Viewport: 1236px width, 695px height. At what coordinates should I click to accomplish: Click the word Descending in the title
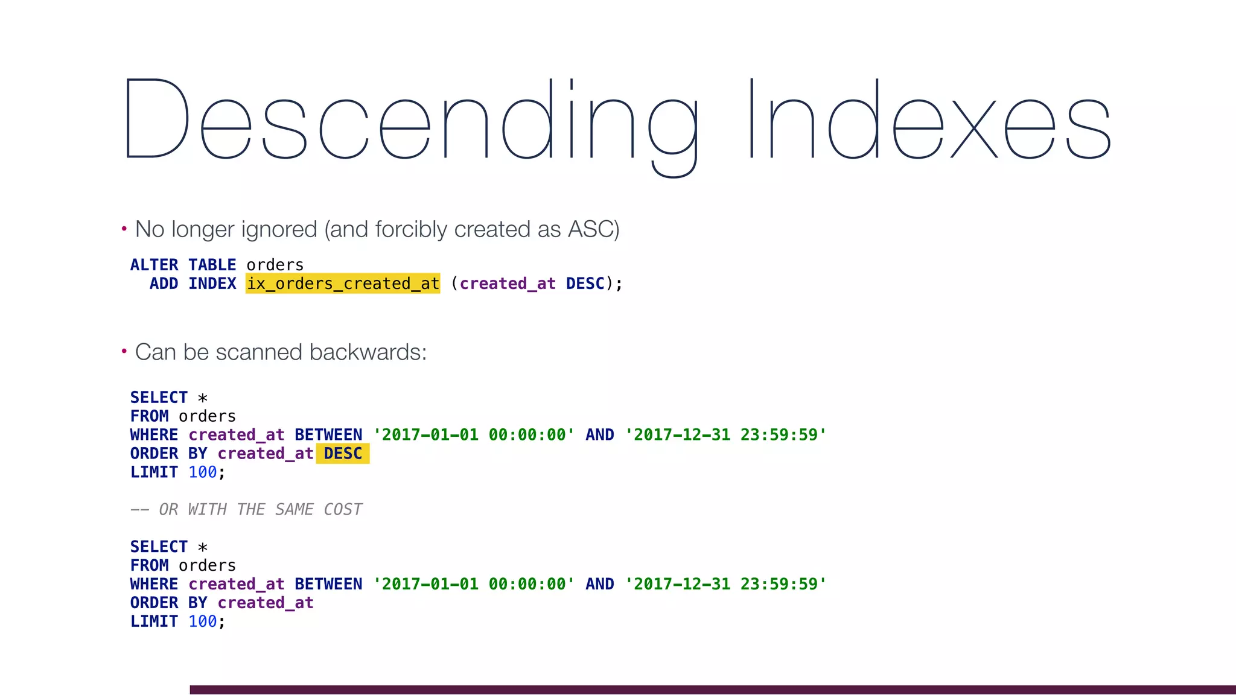[410, 121]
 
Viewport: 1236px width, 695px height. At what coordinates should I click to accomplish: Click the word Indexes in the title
[929, 121]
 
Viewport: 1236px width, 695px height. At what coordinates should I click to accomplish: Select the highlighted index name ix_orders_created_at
[343, 284]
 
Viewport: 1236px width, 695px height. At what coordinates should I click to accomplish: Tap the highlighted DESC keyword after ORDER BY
[343, 454]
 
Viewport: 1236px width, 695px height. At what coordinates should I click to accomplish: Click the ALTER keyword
[154, 265]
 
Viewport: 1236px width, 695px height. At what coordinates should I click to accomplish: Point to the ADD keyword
[164, 284]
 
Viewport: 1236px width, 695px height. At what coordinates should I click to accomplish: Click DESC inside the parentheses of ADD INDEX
[585, 284]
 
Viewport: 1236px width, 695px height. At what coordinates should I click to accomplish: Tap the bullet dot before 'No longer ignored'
[124, 229]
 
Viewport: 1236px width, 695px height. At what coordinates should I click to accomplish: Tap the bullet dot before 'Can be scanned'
[124, 351]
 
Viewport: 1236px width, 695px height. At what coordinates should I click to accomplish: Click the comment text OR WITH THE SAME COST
[260, 510]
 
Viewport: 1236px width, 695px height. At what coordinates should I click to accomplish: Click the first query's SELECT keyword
[159, 398]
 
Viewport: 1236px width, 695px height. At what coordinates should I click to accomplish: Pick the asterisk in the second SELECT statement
[203, 547]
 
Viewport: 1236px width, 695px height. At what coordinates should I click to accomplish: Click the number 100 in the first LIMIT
[202, 472]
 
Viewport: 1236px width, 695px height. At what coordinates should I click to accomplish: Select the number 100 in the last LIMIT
[202, 621]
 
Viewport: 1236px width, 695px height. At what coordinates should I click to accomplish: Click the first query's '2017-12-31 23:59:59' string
[725, 435]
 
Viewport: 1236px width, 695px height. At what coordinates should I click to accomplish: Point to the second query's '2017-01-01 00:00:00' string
[474, 584]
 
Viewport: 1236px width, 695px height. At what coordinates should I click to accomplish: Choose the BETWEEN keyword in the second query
[328, 584]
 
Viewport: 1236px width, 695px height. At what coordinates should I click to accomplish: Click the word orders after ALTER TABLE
[275, 265]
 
